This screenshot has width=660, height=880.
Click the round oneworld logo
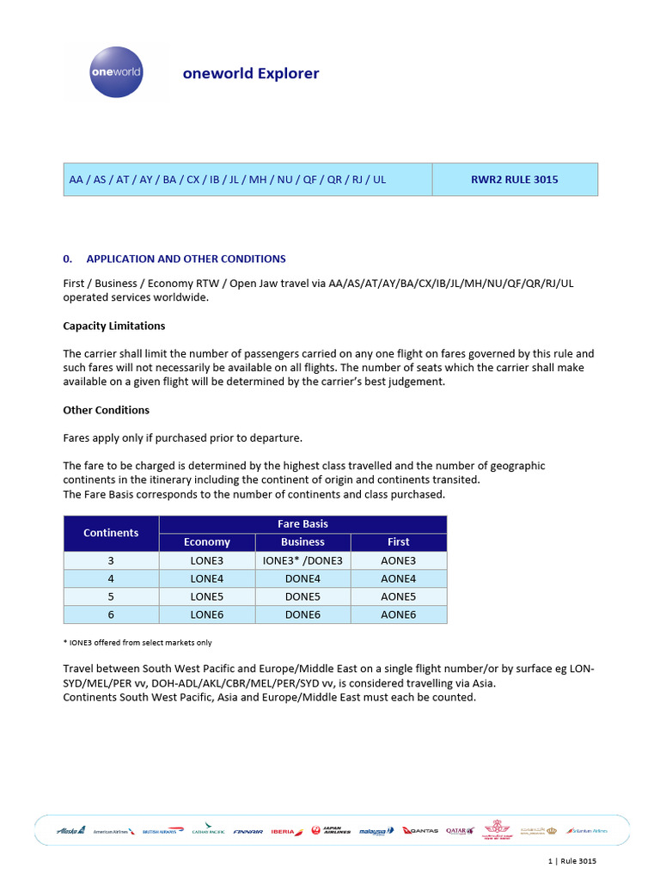coord(116,72)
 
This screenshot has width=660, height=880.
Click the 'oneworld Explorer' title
coord(250,73)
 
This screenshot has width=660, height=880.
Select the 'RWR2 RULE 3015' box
coord(514,180)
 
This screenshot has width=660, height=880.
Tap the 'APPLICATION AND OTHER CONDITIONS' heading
coord(186,259)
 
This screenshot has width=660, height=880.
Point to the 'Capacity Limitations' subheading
coord(114,326)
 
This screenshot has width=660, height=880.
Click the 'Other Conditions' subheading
coord(107,410)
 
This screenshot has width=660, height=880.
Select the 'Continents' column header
coord(111,533)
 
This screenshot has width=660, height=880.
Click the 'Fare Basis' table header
coord(302,523)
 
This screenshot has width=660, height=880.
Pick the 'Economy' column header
coord(207,542)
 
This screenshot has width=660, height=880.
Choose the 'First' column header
coord(398,542)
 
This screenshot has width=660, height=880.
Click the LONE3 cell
coord(207,560)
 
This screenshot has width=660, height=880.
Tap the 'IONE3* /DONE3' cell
coord(302,560)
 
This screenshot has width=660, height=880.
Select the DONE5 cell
coord(302,596)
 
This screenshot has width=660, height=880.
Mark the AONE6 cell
coord(398,614)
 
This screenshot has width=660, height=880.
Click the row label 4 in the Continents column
coord(111,578)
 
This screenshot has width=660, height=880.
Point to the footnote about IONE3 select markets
coord(137,642)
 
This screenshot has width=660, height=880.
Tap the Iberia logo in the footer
coord(287,831)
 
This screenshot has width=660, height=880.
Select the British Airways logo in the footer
coord(163,831)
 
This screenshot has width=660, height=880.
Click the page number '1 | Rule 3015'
coord(571,861)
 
